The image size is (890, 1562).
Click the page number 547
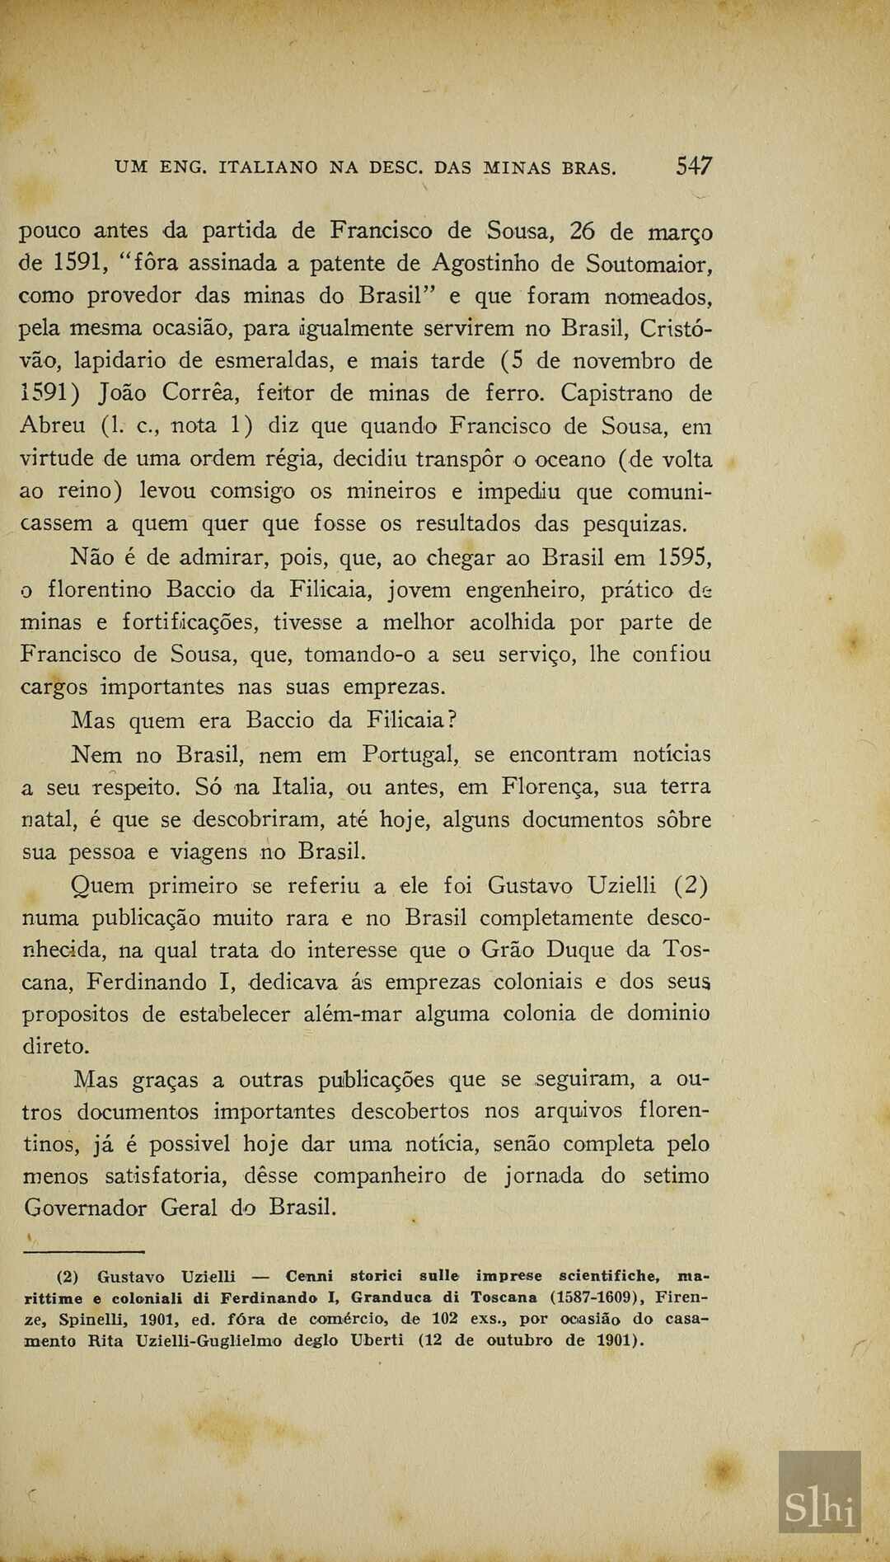click(694, 167)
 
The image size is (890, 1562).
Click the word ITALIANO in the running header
click(268, 168)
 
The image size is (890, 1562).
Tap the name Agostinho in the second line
click(485, 264)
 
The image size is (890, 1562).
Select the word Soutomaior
click(649, 264)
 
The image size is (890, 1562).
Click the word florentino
click(100, 590)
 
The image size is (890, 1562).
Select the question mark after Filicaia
click(452, 720)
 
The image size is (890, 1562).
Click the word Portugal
click(410, 754)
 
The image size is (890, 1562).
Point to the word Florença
click(550, 787)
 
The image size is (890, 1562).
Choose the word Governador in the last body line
click(86, 1208)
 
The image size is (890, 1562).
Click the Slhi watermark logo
click(819, 1508)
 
